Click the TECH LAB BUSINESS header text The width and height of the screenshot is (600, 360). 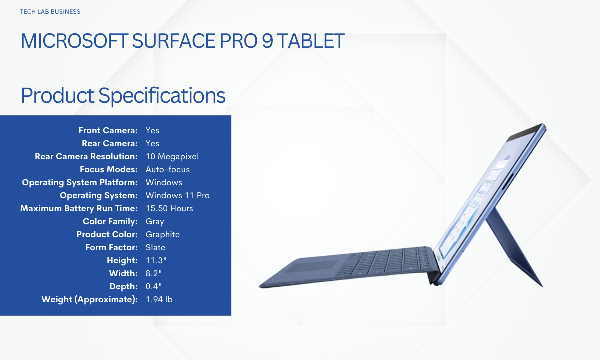click(x=50, y=12)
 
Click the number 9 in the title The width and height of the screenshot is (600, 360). click(x=267, y=41)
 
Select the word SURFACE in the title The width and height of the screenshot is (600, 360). click(x=174, y=41)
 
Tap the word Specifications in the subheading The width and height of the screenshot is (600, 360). click(x=162, y=96)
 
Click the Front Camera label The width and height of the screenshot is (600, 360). click(x=108, y=130)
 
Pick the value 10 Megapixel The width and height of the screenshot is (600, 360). click(x=172, y=156)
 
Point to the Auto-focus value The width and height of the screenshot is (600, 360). click(x=168, y=169)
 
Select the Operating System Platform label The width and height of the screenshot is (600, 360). click(x=80, y=182)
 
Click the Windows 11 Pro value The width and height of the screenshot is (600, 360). click(x=178, y=195)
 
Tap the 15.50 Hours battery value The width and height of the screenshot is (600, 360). click(x=169, y=208)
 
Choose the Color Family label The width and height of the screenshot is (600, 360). click(x=110, y=222)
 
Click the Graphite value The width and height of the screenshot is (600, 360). click(x=163, y=235)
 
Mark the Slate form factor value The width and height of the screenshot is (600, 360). click(x=155, y=247)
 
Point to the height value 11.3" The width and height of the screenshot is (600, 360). click(x=156, y=260)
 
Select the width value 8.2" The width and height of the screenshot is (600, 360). click(x=154, y=273)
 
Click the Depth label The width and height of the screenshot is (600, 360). click(x=124, y=286)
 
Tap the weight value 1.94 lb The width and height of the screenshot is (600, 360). click(x=159, y=299)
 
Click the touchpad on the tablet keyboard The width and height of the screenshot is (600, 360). click(x=310, y=267)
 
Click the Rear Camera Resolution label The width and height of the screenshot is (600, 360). click(x=86, y=156)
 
